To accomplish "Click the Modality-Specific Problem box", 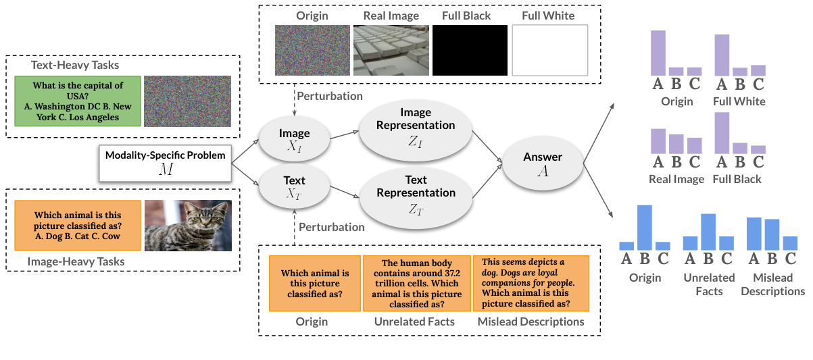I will click(x=166, y=163).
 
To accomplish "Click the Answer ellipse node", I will click(x=543, y=163).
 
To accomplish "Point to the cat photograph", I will click(x=189, y=226).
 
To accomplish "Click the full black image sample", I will click(x=470, y=50).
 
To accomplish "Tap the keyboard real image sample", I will click(x=390, y=50).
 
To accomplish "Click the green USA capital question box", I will click(x=78, y=101).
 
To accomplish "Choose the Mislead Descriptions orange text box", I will click(x=531, y=283).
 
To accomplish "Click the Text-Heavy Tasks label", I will click(x=75, y=65).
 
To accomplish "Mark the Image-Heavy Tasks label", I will click(x=76, y=261).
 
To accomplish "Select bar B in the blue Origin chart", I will click(x=644, y=228).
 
